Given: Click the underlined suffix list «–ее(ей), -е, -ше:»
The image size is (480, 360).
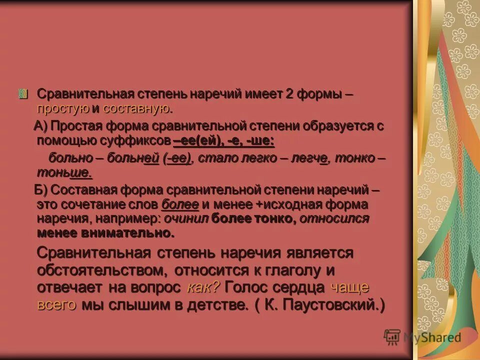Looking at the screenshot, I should click(x=223, y=141).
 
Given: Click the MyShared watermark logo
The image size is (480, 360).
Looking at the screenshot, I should click(x=422, y=337).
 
